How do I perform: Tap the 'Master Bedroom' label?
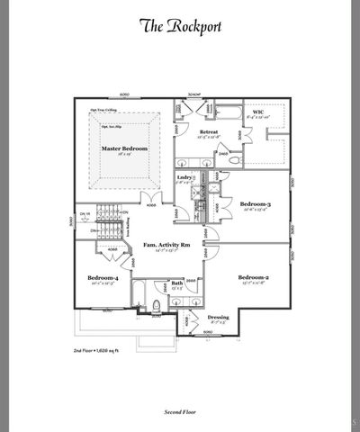(124, 148)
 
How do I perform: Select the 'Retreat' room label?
(210, 132)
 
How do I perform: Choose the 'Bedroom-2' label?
(255, 277)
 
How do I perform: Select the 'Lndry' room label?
(185, 178)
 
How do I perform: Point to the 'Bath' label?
(178, 283)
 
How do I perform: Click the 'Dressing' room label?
(219, 317)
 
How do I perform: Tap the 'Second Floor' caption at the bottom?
(180, 410)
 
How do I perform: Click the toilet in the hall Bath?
(157, 309)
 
